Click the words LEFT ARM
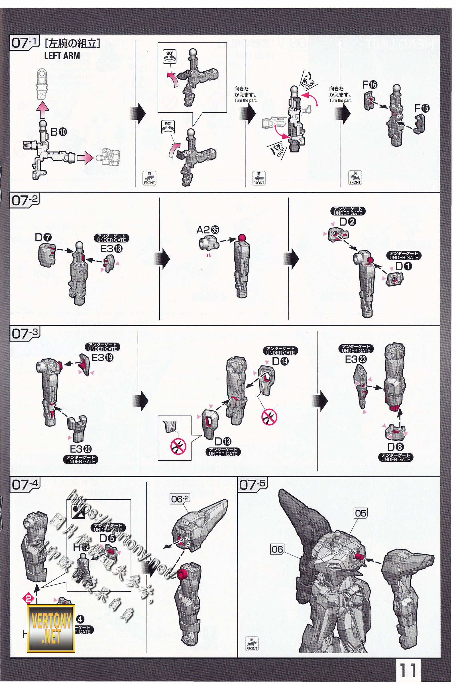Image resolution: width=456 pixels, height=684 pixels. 62,56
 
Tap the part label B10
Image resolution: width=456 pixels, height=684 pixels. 58,132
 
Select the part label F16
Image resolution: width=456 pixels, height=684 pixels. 370,85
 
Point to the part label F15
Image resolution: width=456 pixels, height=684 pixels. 422,109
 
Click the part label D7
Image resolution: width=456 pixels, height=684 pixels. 43,238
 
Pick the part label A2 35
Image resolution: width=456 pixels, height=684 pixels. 208,230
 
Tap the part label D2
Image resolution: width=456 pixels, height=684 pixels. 348,222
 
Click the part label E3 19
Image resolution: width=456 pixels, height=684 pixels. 102,358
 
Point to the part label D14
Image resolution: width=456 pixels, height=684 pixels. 280,361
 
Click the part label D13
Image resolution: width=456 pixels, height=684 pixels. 223,442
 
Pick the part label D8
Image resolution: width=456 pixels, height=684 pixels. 396,447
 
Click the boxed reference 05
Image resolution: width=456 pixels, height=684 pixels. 361,513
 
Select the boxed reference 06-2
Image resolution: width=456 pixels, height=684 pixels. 180,499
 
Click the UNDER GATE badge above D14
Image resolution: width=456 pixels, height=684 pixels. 280,351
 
